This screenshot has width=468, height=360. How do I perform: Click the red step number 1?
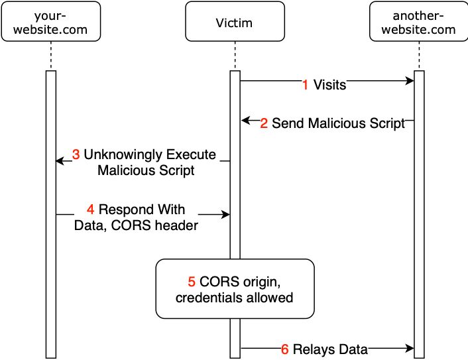pos(305,85)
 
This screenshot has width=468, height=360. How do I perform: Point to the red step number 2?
pos(264,123)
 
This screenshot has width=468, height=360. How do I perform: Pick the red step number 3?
pos(76,154)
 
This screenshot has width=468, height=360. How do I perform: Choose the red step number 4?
pos(91,210)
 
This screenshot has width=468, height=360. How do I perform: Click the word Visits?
pos(329,85)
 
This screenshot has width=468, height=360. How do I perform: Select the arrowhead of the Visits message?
pos(410,82)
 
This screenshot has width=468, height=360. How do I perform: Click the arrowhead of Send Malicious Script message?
pos(245,121)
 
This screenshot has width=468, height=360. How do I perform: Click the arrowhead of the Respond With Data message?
pos(226,214)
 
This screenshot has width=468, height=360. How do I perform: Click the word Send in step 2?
pos(286,123)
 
